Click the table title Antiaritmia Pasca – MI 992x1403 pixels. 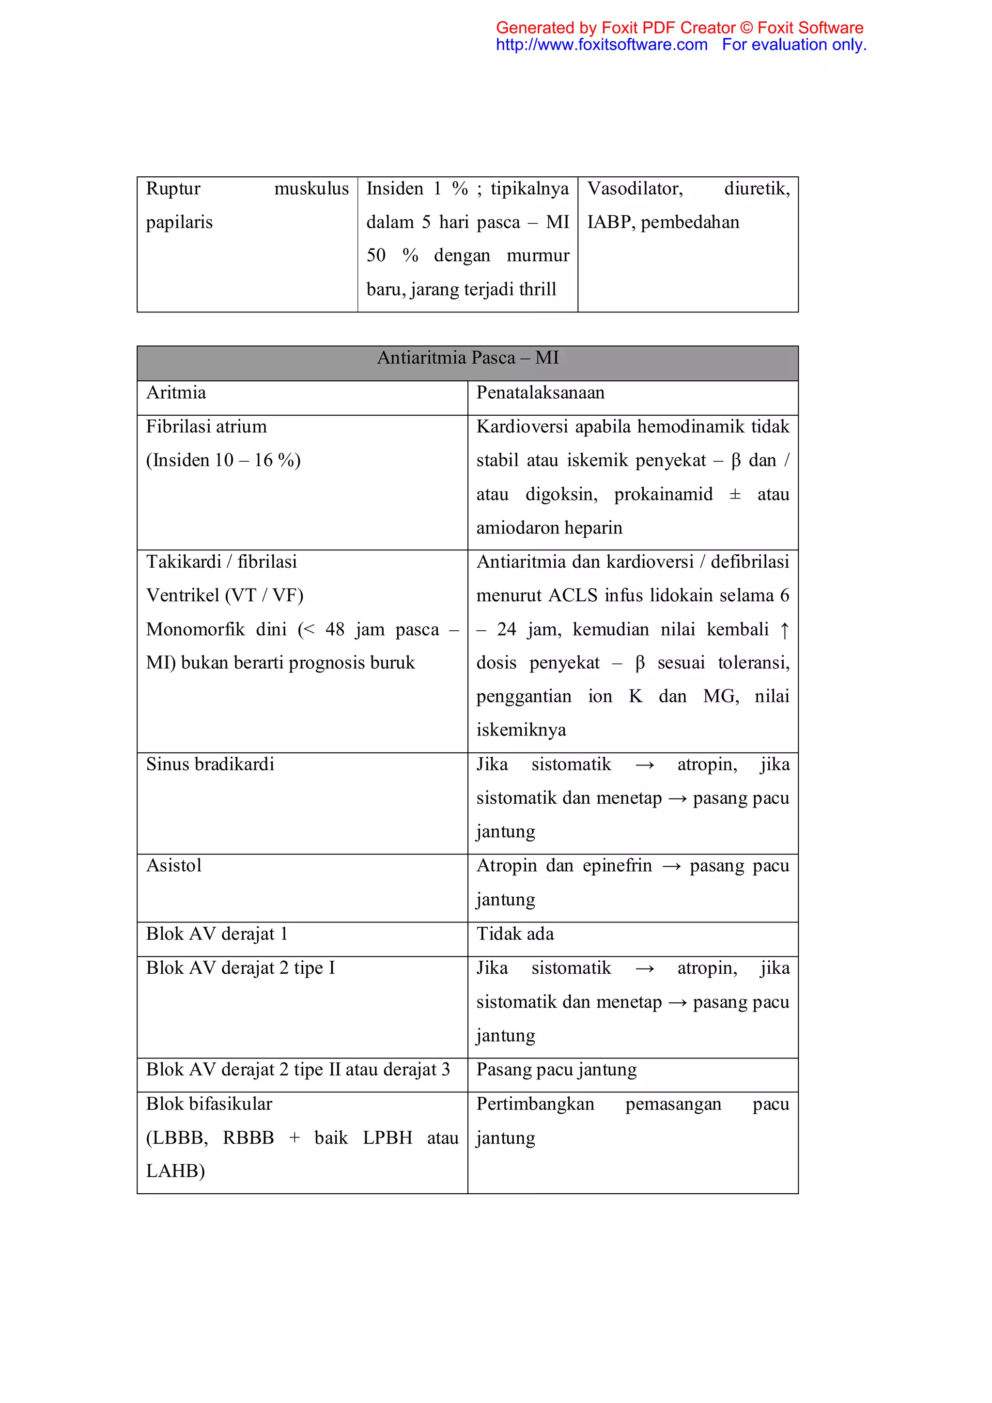467,358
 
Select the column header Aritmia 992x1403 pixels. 176,393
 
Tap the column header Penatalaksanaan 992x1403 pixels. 540,393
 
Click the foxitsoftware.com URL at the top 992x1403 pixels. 601,45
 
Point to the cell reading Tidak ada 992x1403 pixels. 515,934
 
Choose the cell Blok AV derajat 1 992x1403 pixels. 216,934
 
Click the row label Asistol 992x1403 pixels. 173,866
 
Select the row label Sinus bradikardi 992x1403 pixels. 210,764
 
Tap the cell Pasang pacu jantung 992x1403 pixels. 556,1069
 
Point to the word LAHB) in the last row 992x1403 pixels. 175,1171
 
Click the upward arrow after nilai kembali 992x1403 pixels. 784,630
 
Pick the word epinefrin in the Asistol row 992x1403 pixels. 617,866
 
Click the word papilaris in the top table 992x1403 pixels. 179,222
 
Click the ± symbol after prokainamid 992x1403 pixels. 735,494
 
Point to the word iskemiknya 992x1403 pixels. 521,730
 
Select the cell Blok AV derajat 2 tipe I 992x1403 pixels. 240,968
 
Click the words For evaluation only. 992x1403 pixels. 793,45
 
